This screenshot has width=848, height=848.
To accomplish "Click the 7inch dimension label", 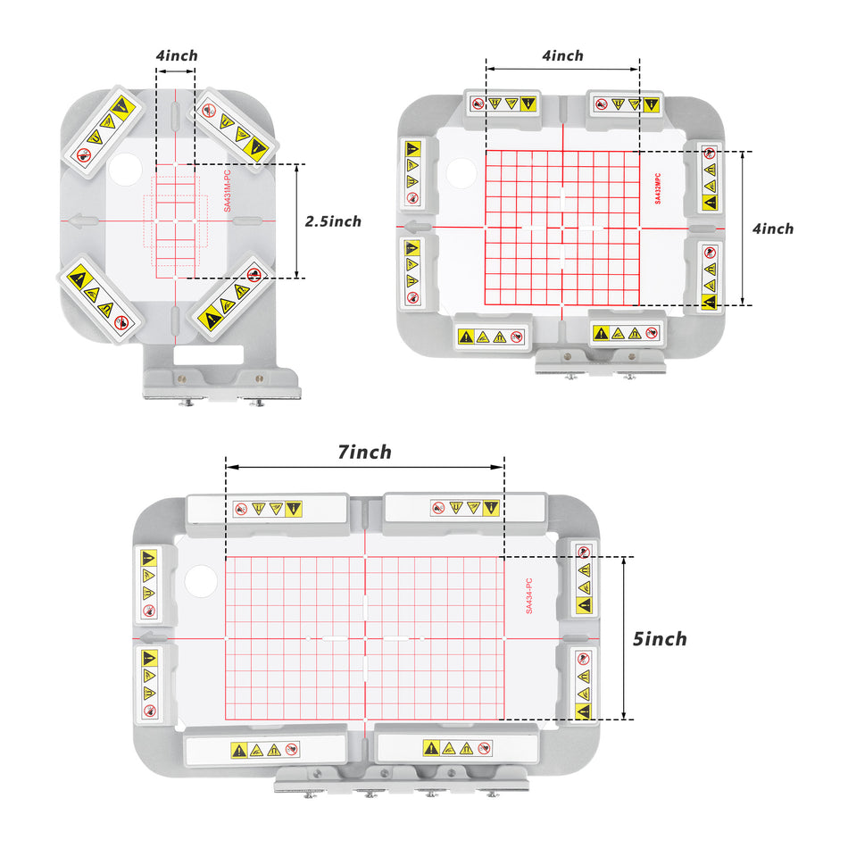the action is [x=364, y=453].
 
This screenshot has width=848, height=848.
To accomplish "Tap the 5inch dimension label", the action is [x=660, y=639].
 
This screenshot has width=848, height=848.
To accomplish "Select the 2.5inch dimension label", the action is [x=333, y=221].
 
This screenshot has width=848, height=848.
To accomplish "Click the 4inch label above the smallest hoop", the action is [x=177, y=55].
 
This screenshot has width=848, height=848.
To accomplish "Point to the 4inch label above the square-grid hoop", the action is [x=562, y=55].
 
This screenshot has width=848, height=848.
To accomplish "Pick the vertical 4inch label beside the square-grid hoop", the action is [x=773, y=229].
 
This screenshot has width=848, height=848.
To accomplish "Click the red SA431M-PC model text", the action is [x=227, y=191].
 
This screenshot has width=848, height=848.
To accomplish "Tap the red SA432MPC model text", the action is [x=658, y=188].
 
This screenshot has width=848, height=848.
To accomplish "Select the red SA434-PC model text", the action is [x=529, y=595].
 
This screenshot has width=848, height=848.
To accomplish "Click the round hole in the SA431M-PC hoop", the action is [x=126, y=170].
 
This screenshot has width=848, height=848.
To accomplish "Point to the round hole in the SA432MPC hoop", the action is [x=461, y=173].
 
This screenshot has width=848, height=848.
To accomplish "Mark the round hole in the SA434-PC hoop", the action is [x=201, y=581].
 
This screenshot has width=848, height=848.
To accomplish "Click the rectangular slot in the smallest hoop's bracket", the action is [x=208, y=354].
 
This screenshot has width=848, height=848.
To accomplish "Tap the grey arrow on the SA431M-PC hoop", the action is [x=84, y=220].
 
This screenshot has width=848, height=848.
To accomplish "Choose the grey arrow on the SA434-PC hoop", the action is [x=155, y=637].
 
